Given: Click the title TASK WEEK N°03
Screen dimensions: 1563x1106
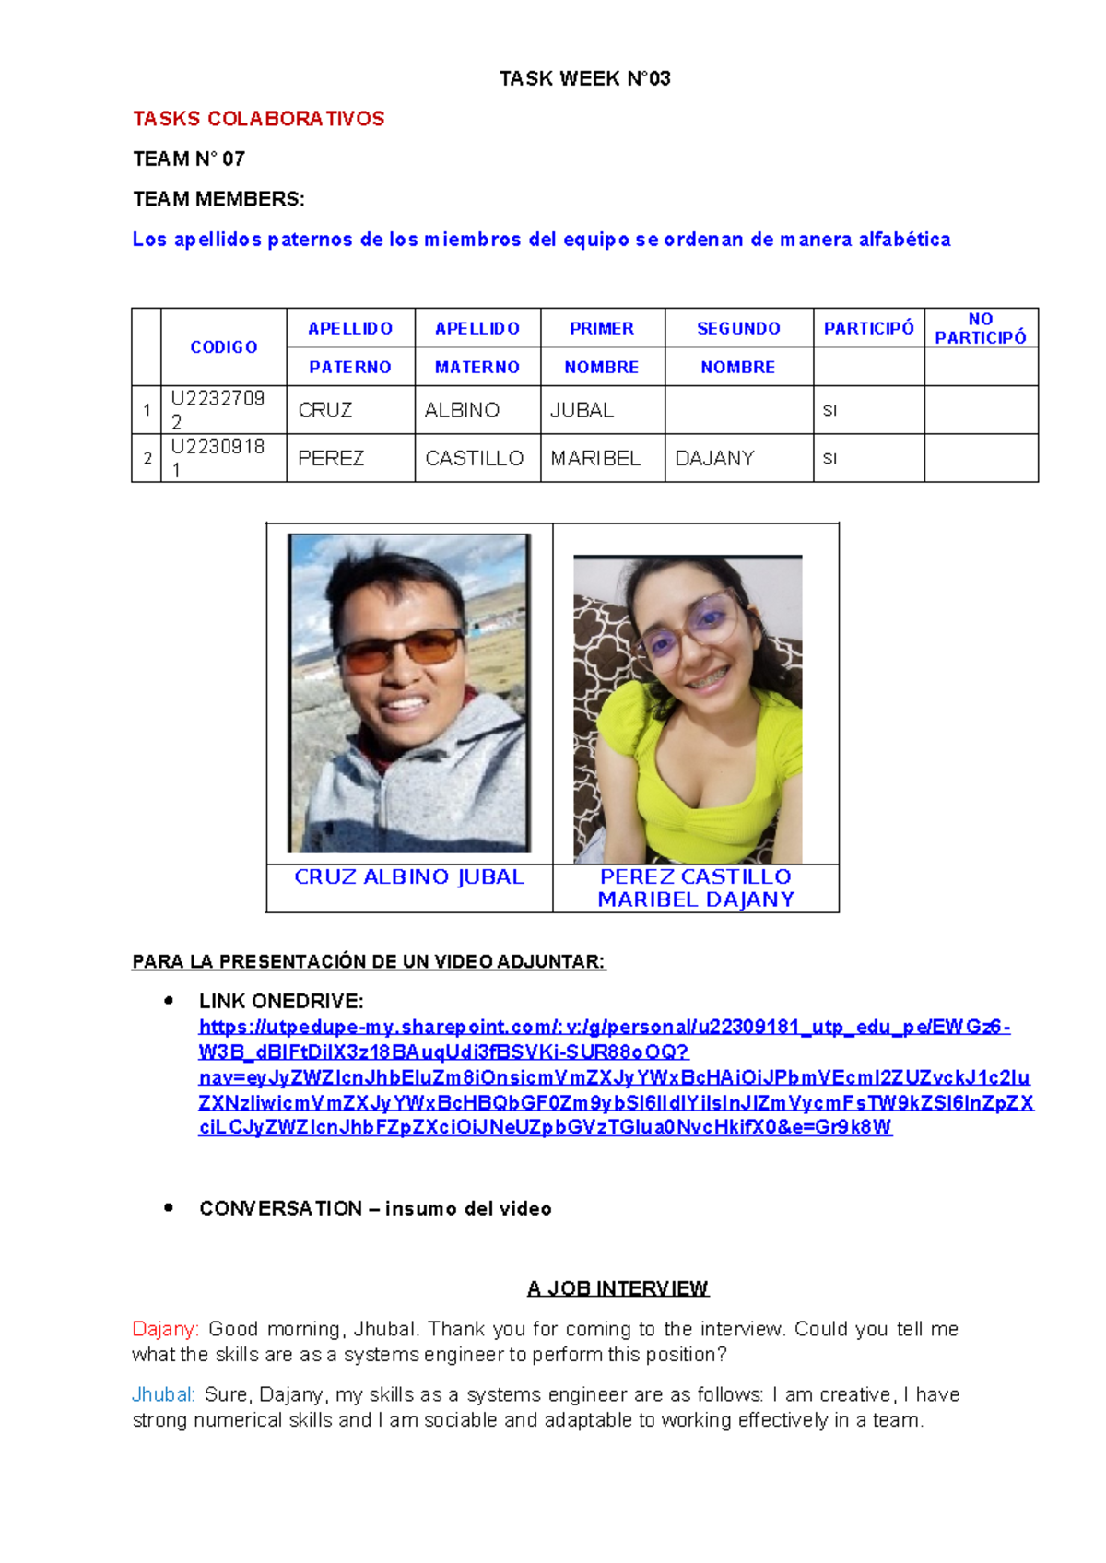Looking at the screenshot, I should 584,79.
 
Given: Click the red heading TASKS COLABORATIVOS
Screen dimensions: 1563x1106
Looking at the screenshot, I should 258,119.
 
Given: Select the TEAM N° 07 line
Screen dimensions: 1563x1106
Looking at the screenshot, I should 189,159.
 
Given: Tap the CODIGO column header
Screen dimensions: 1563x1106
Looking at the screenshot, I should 223,347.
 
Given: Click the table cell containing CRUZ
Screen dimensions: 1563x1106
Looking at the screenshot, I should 325,410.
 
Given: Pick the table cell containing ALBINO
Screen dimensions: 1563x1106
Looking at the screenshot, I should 462,410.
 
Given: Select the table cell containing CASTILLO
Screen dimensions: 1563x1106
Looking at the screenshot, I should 474,458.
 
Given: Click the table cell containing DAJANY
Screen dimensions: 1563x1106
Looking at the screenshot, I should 714,458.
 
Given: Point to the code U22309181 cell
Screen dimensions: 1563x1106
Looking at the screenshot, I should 218,457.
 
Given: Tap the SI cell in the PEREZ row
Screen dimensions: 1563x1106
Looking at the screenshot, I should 829,458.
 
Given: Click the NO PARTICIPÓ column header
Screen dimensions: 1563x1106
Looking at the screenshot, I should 980,328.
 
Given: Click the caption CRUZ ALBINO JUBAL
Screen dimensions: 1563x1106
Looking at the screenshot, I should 409,877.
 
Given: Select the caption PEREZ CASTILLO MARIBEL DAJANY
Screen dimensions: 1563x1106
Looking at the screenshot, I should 696,888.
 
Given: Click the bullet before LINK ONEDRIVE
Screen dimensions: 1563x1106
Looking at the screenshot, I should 168,1001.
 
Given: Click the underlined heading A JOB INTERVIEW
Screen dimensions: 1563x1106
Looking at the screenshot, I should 618,1288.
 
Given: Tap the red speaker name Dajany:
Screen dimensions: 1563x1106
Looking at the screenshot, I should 165,1329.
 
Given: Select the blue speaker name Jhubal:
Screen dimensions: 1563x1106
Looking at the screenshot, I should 163,1394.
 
